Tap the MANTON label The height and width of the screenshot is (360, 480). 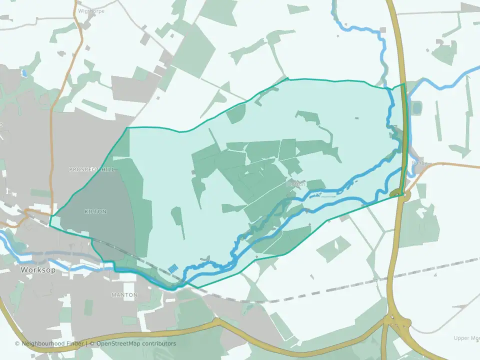[x=124, y=295]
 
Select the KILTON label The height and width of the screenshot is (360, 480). [x=95, y=211]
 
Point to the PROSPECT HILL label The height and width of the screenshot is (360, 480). [x=91, y=169]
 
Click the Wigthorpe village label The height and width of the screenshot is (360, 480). [x=91, y=11]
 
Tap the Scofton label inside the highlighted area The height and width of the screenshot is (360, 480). [x=295, y=184]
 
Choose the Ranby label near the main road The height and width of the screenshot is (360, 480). [x=419, y=163]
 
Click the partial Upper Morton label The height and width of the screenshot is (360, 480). [x=466, y=338]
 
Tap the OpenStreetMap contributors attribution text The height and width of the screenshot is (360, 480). [x=136, y=343]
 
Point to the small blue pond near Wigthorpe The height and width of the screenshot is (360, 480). [x=24, y=73]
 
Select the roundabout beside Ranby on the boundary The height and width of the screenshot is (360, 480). [x=396, y=192]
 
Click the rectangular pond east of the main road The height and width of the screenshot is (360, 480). [x=416, y=107]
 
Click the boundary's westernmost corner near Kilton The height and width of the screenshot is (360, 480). [x=50, y=217]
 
